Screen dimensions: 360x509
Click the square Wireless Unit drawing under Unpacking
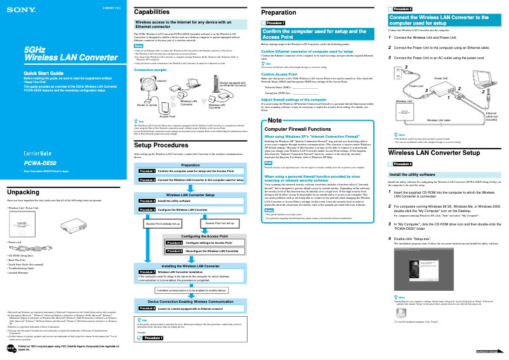pyautogui.click(x=23, y=223)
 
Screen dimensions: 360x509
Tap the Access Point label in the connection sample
pyautogui.click(x=168, y=117)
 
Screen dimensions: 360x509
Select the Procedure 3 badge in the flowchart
pyautogui.click(x=147, y=201)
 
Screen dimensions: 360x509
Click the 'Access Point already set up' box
pyautogui.click(x=163, y=223)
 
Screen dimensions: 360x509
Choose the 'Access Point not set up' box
pyautogui.click(x=220, y=223)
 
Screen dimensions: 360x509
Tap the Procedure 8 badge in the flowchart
pyautogui.click(x=147, y=308)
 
